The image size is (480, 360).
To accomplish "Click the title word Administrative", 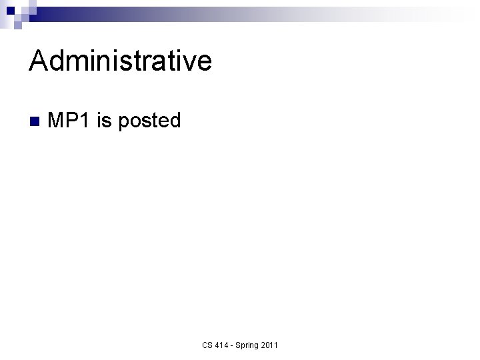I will coord(121,61).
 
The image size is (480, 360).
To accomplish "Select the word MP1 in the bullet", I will coord(69,121).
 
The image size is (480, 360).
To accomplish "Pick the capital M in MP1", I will coord(57,121).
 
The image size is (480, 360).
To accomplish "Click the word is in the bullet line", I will coord(104,121).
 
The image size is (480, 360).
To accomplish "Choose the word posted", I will coord(149,121).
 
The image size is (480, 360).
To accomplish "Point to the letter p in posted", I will coord(123,123).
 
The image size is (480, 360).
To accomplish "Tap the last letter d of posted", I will coord(175,121).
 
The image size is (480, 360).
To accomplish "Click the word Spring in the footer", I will coord(248,345).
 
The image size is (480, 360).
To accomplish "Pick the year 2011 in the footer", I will coord(270,345).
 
